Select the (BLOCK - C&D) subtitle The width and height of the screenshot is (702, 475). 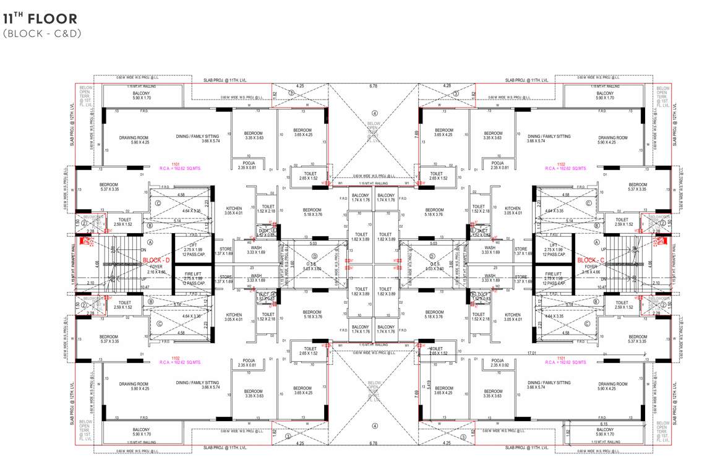click(42, 33)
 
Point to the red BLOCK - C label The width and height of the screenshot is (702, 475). click(590, 260)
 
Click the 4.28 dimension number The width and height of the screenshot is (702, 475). click(447, 86)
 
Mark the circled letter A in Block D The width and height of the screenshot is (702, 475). click(150, 242)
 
